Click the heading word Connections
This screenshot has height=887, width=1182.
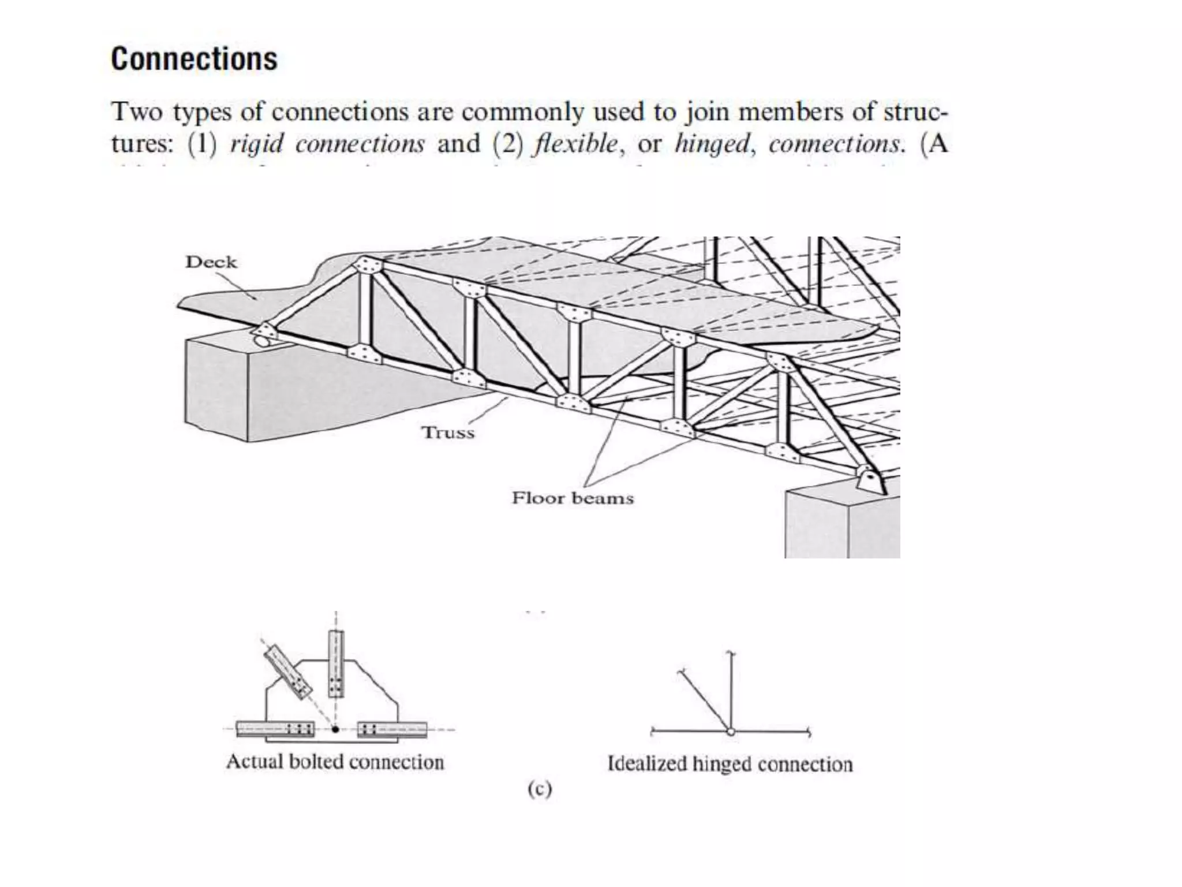(194, 59)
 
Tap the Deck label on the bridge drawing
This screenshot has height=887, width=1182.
(211, 262)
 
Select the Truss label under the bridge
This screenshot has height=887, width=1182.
(448, 433)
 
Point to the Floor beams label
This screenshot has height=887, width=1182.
(573, 498)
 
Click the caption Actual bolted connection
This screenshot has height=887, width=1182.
(335, 762)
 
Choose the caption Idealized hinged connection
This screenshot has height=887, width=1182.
(730, 764)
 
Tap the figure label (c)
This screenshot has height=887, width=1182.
(540, 789)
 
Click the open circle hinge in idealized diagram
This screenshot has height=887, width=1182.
(731, 732)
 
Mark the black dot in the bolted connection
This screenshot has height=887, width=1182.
(335, 729)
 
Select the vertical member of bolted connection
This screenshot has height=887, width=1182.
(336, 664)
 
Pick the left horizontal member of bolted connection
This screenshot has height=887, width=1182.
(276, 729)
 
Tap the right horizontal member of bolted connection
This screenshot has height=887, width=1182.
(392, 729)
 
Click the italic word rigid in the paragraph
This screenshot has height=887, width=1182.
(256, 144)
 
